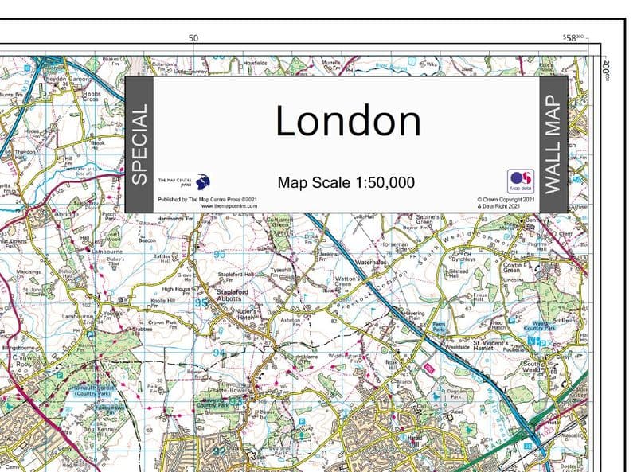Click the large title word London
(347, 122)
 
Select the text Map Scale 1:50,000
(346, 182)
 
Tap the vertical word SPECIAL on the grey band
(139, 144)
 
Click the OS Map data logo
(519, 181)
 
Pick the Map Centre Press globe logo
(203, 181)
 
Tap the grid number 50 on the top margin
(193, 37)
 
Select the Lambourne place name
(107, 251)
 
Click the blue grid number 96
(219, 254)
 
